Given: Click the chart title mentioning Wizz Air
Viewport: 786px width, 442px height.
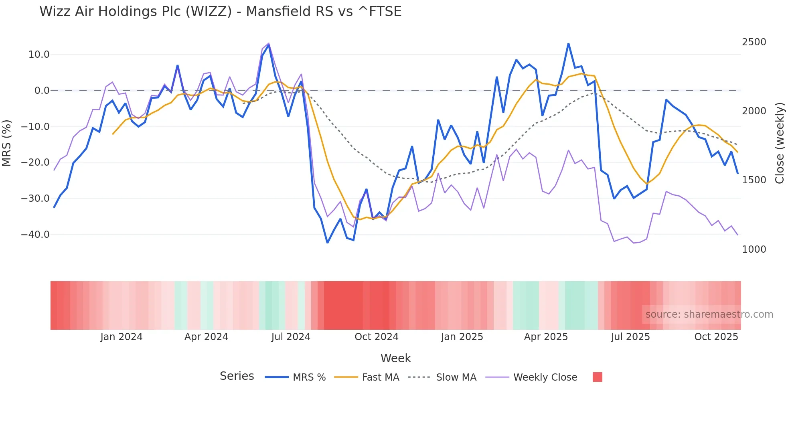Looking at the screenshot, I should click(220, 12).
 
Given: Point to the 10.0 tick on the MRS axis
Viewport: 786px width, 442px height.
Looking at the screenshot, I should click(39, 55).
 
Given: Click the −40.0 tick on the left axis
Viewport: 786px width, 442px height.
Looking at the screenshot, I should click(35, 235).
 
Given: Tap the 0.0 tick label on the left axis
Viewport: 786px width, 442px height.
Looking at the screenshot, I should click(42, 91).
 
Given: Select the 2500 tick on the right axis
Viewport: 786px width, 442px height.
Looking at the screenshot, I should click(754, 42).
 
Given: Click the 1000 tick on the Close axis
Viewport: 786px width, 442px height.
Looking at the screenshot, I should click(754, 249).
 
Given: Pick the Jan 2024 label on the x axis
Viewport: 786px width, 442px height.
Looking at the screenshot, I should click(121, 337).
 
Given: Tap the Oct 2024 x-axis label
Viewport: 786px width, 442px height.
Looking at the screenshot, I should click(376, 337).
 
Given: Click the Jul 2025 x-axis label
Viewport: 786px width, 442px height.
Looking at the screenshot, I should click(630, 337).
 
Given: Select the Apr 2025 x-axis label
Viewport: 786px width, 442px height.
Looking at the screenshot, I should click(546, 337).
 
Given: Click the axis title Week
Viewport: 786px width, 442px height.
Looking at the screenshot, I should click(395, 358).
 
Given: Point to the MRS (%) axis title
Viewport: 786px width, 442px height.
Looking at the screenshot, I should click(7, 143).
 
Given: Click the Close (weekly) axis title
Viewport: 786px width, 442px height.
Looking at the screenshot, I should click(779, 143).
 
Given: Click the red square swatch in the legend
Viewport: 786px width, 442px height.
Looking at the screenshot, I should click(597, 377).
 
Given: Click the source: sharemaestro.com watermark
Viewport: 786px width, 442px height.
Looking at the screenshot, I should click(709, 314).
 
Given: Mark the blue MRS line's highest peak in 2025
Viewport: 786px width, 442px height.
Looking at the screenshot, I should click(568, 44).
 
